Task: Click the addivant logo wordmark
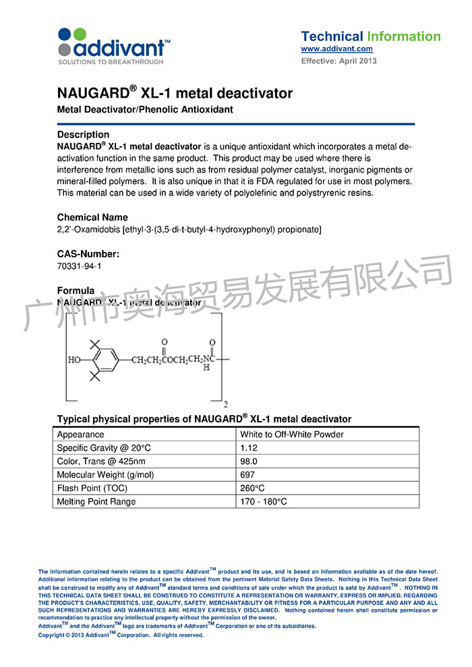click(120, 48)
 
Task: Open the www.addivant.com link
click(336, 49)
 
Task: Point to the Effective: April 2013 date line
click(338, 61)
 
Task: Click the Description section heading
click(83, 134)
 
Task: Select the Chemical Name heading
click(92, 218)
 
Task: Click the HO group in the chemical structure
click(74, 360)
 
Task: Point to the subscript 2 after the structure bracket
click(225, 404)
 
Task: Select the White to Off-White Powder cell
click(291, 435)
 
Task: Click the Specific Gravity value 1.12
click(249, 448)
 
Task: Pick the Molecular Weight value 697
click(247, 475)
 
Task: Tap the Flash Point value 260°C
click(252, 488)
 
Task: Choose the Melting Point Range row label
click(96, 502)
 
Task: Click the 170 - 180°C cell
click(264, 502)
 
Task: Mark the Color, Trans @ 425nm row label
click(100, 462)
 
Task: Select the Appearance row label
click(81, 435)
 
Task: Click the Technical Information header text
click(370, 36)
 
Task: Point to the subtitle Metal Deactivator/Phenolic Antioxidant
click(145, 110)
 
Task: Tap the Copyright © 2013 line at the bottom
click(121, 635)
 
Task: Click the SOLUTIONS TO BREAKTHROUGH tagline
click(111, 62)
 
